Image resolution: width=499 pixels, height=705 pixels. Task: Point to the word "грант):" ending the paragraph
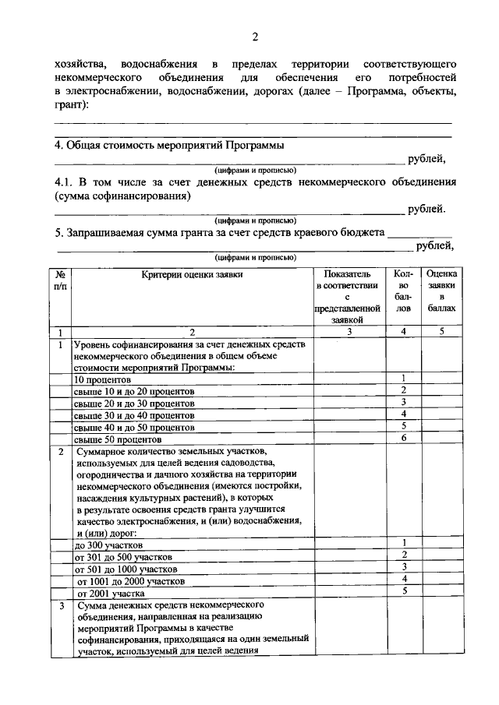click(x=72, y=106)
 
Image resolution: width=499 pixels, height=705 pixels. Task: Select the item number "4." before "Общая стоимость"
click(x=58, y=145)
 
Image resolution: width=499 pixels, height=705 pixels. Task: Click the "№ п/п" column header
click(x=60, y=280)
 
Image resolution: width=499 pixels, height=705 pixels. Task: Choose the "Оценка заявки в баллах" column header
click(x=441, y=291)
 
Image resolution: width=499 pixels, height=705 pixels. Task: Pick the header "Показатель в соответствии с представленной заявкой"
click(x=349, y=297)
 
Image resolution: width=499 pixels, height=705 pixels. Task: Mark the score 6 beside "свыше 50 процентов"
click(x=404, y=439)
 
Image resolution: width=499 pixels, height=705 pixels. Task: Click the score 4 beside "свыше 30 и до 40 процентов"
click(x=404, y=414)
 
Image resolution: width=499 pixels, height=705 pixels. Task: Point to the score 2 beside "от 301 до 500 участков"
click(x=404, y=555)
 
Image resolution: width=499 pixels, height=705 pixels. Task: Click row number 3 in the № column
click(x=60, y=605)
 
